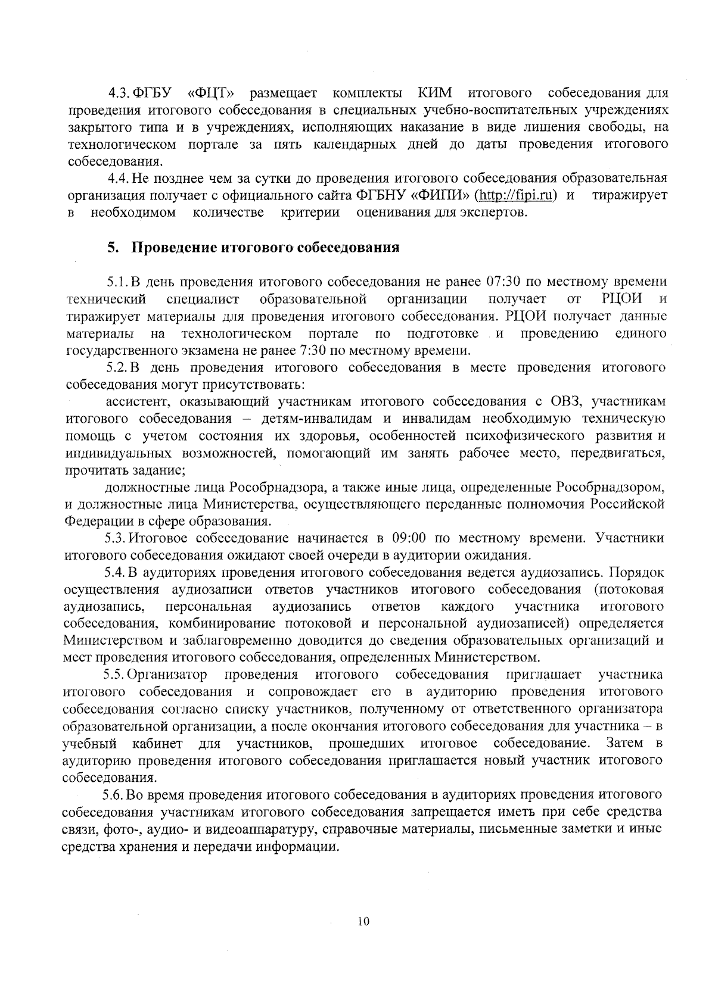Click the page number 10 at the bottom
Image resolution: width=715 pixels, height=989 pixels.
363,922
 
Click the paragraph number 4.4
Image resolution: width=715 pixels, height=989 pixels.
117,178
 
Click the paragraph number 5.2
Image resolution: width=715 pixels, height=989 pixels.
116,367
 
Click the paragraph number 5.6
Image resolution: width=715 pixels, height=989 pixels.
113,795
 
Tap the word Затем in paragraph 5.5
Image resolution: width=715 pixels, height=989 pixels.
623,744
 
